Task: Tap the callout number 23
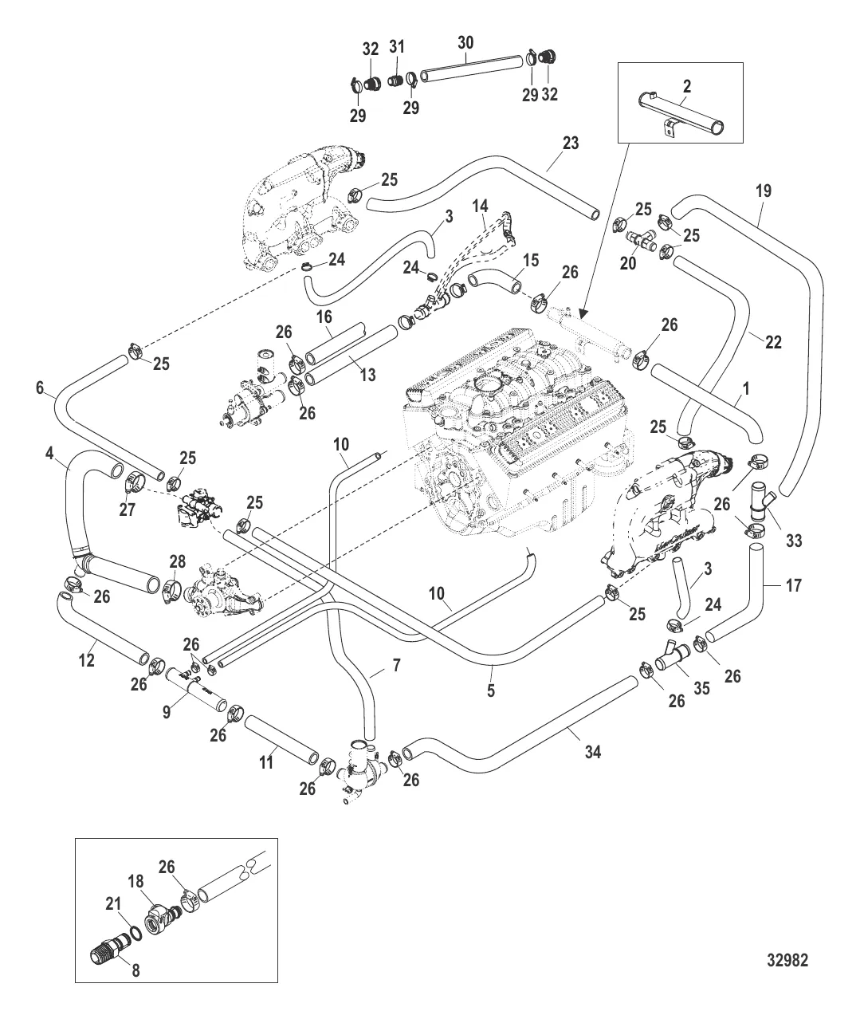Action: tap(570, 144)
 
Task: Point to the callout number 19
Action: tap(763, 191)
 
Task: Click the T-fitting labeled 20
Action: tap(641, 237)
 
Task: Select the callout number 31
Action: tap(397, 48)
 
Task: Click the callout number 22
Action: tap(772, 343)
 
